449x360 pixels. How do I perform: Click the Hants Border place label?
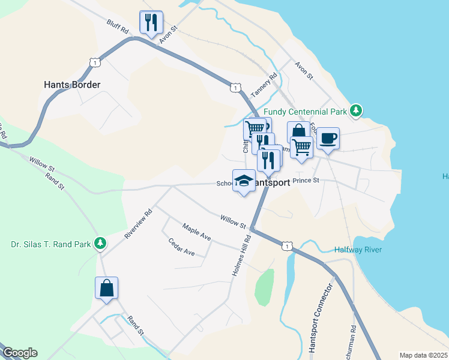tap(72, 85)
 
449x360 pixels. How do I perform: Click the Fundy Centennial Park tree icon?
tap(357, 110)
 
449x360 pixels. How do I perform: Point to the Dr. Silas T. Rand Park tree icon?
tap(101, 243)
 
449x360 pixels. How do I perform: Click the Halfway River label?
tap(358, 250)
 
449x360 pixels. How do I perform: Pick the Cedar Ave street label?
tap(182, 247)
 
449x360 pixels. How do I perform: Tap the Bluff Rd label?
tap(118, 26)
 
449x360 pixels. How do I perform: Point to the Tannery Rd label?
tap(264, 85)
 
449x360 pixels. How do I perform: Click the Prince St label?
tap(306, 179)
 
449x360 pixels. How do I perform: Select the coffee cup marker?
tap(328, 139)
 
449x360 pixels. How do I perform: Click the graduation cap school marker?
tap(244, 181)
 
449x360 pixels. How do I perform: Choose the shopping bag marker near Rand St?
tap(106, 288)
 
